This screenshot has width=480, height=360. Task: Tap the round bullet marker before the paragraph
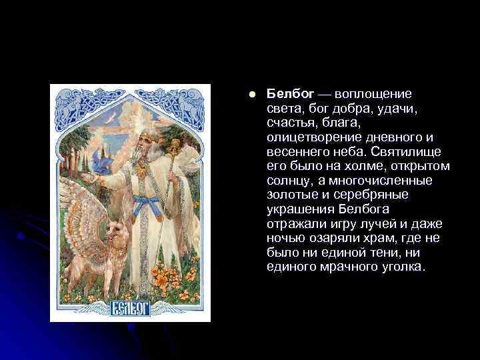pyautogui.click(x=251, y=94)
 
